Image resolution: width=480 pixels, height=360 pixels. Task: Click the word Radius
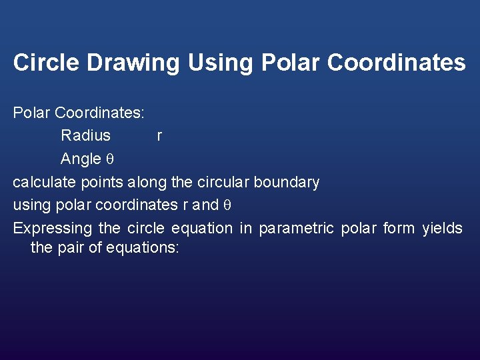click(x=85, y=136)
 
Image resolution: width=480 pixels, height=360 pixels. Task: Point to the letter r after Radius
click(x=159, y=137)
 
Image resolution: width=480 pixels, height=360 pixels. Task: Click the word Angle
click(x=80, y=159)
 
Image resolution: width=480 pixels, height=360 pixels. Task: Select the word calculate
click(x=44, y=182)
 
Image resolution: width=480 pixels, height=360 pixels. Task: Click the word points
click(x=103, y=182)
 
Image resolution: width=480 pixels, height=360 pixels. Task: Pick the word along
click(x=147, y=182)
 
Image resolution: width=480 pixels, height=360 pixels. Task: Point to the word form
click(x=399, y=228)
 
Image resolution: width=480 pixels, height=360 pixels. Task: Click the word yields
click(x=442, y=228)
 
